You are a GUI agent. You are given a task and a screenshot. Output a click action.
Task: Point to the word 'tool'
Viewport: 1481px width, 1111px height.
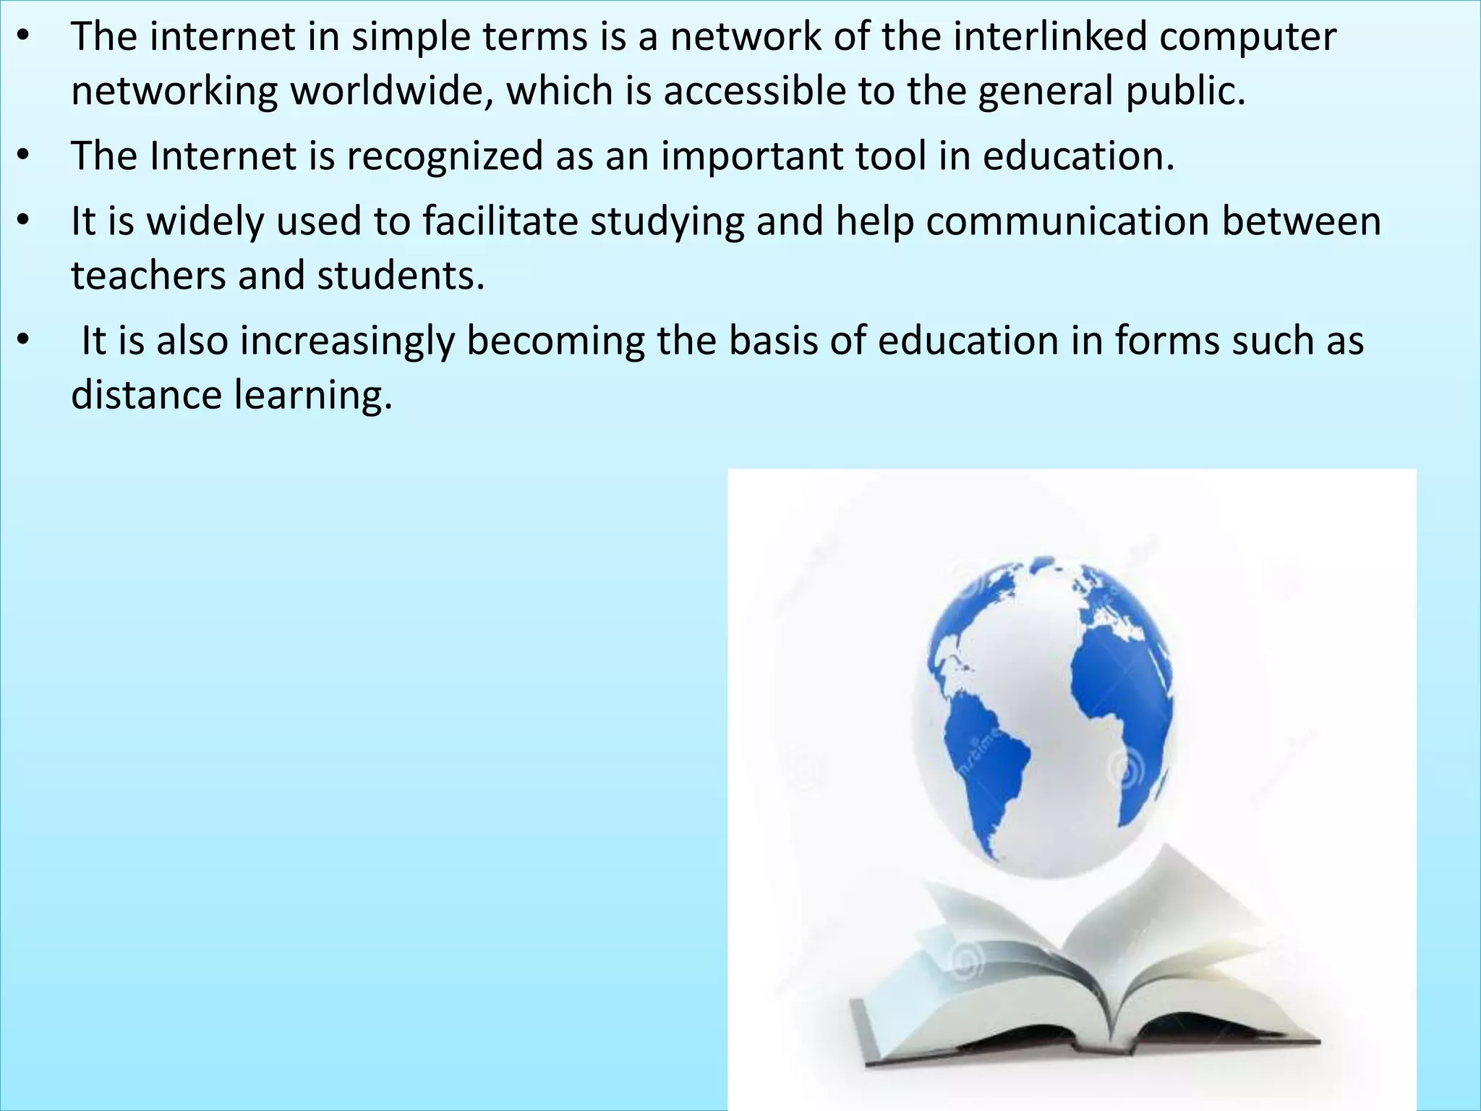pyautogui.click(x=890, y=156)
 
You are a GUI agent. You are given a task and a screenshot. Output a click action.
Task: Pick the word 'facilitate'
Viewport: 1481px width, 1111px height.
pyautogui.click(x=500, y=221)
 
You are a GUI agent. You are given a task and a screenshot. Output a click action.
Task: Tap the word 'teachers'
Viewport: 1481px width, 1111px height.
pyautogui.click(x=148, y=276)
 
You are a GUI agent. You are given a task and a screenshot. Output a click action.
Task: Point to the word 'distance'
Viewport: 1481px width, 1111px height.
pyautogui.click(x=146, y=396)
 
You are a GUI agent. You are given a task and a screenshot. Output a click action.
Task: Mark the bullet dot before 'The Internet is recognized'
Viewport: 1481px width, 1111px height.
pyautogui.click(x=23, y=156)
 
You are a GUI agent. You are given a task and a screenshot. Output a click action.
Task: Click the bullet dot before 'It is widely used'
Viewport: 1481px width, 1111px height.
pyautogui.click(x=23, y=221)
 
